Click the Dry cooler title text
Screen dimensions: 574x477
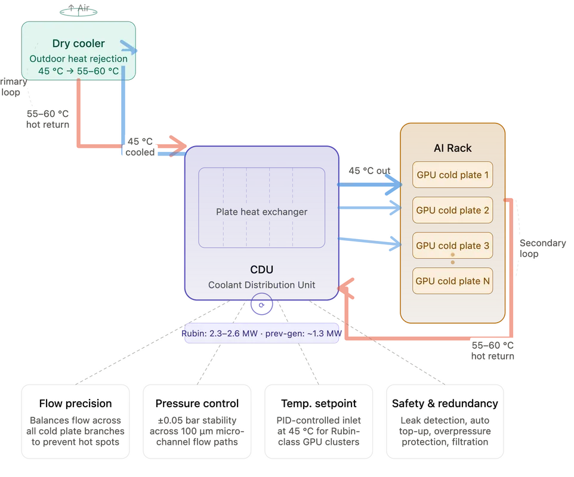(78, 44)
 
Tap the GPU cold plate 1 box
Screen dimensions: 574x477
(452, 175)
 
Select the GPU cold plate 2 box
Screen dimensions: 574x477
(452, 210)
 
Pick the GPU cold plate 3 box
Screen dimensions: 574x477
(452, 246)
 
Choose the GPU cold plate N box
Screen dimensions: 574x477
(452, 281)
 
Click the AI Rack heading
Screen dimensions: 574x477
(452, 148)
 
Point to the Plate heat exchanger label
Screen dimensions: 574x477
(261, 212)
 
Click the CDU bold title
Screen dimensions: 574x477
(261, 270)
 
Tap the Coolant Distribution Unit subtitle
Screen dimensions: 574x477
(261, 285)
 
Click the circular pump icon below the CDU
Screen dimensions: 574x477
(261, 304)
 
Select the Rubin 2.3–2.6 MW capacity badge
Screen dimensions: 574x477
(261, 333)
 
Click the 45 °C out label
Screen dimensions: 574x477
(369, 171)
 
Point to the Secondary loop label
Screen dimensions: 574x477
(542, 249)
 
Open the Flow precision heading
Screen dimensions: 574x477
(75, 404)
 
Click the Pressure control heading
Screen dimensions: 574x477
(197, 404)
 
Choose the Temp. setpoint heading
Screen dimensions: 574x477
(319, 404)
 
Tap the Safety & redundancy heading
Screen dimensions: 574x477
(445, 404)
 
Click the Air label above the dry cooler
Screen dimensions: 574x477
(79, 8)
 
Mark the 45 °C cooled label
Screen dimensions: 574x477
(140, 147)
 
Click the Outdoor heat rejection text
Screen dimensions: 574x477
(78, 59)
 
